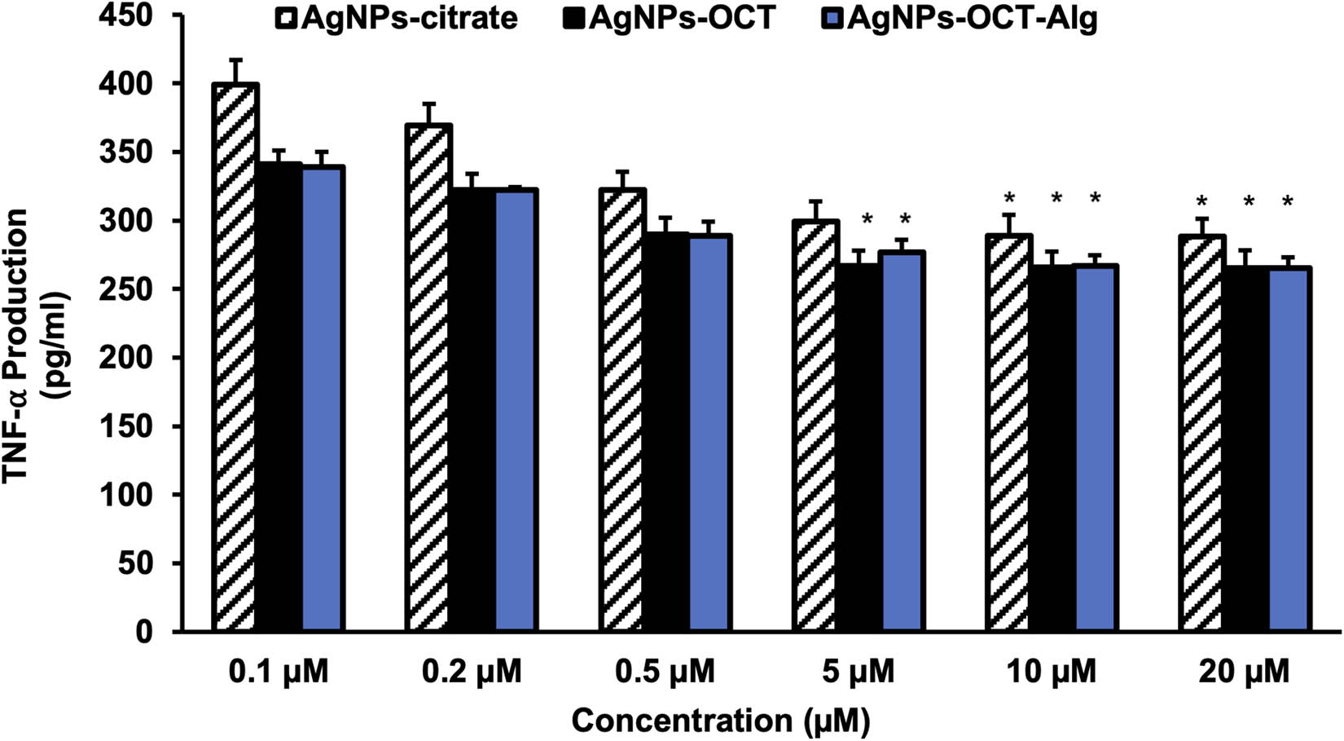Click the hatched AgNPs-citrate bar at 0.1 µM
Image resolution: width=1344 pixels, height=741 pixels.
[235, 359]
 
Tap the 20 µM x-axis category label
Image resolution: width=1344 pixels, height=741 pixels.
[1244, 673]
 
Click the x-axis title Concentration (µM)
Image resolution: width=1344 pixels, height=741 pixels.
[720, 721]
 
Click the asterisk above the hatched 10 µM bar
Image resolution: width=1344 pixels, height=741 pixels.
[1009, 198]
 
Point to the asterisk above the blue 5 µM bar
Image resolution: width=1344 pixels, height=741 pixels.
[905, 218]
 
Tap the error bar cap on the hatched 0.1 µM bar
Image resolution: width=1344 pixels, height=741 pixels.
[235, 60]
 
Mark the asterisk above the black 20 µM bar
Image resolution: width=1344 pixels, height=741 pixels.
[1248, 201]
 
